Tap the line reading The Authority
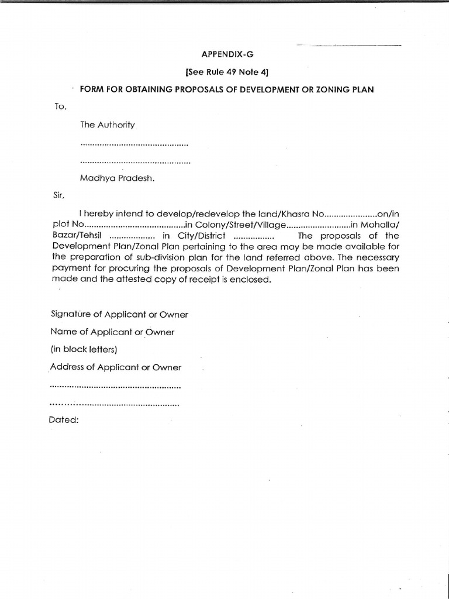point(108,125)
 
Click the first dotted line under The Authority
point(134,143)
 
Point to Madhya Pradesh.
point(118,178)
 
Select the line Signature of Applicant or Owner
point(119,315)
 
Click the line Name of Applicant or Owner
point(112,332)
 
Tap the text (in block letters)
point(84,350)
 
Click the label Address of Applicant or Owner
point(116,367)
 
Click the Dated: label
point(64,420)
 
